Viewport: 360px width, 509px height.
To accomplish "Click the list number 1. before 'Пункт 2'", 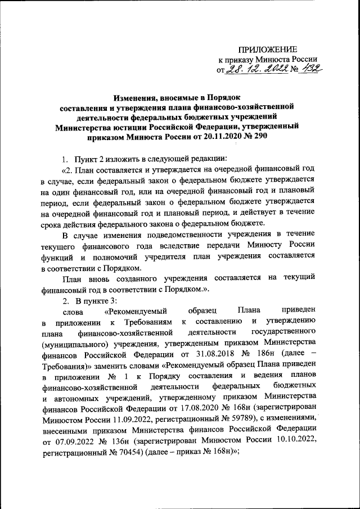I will coord(65,157).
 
